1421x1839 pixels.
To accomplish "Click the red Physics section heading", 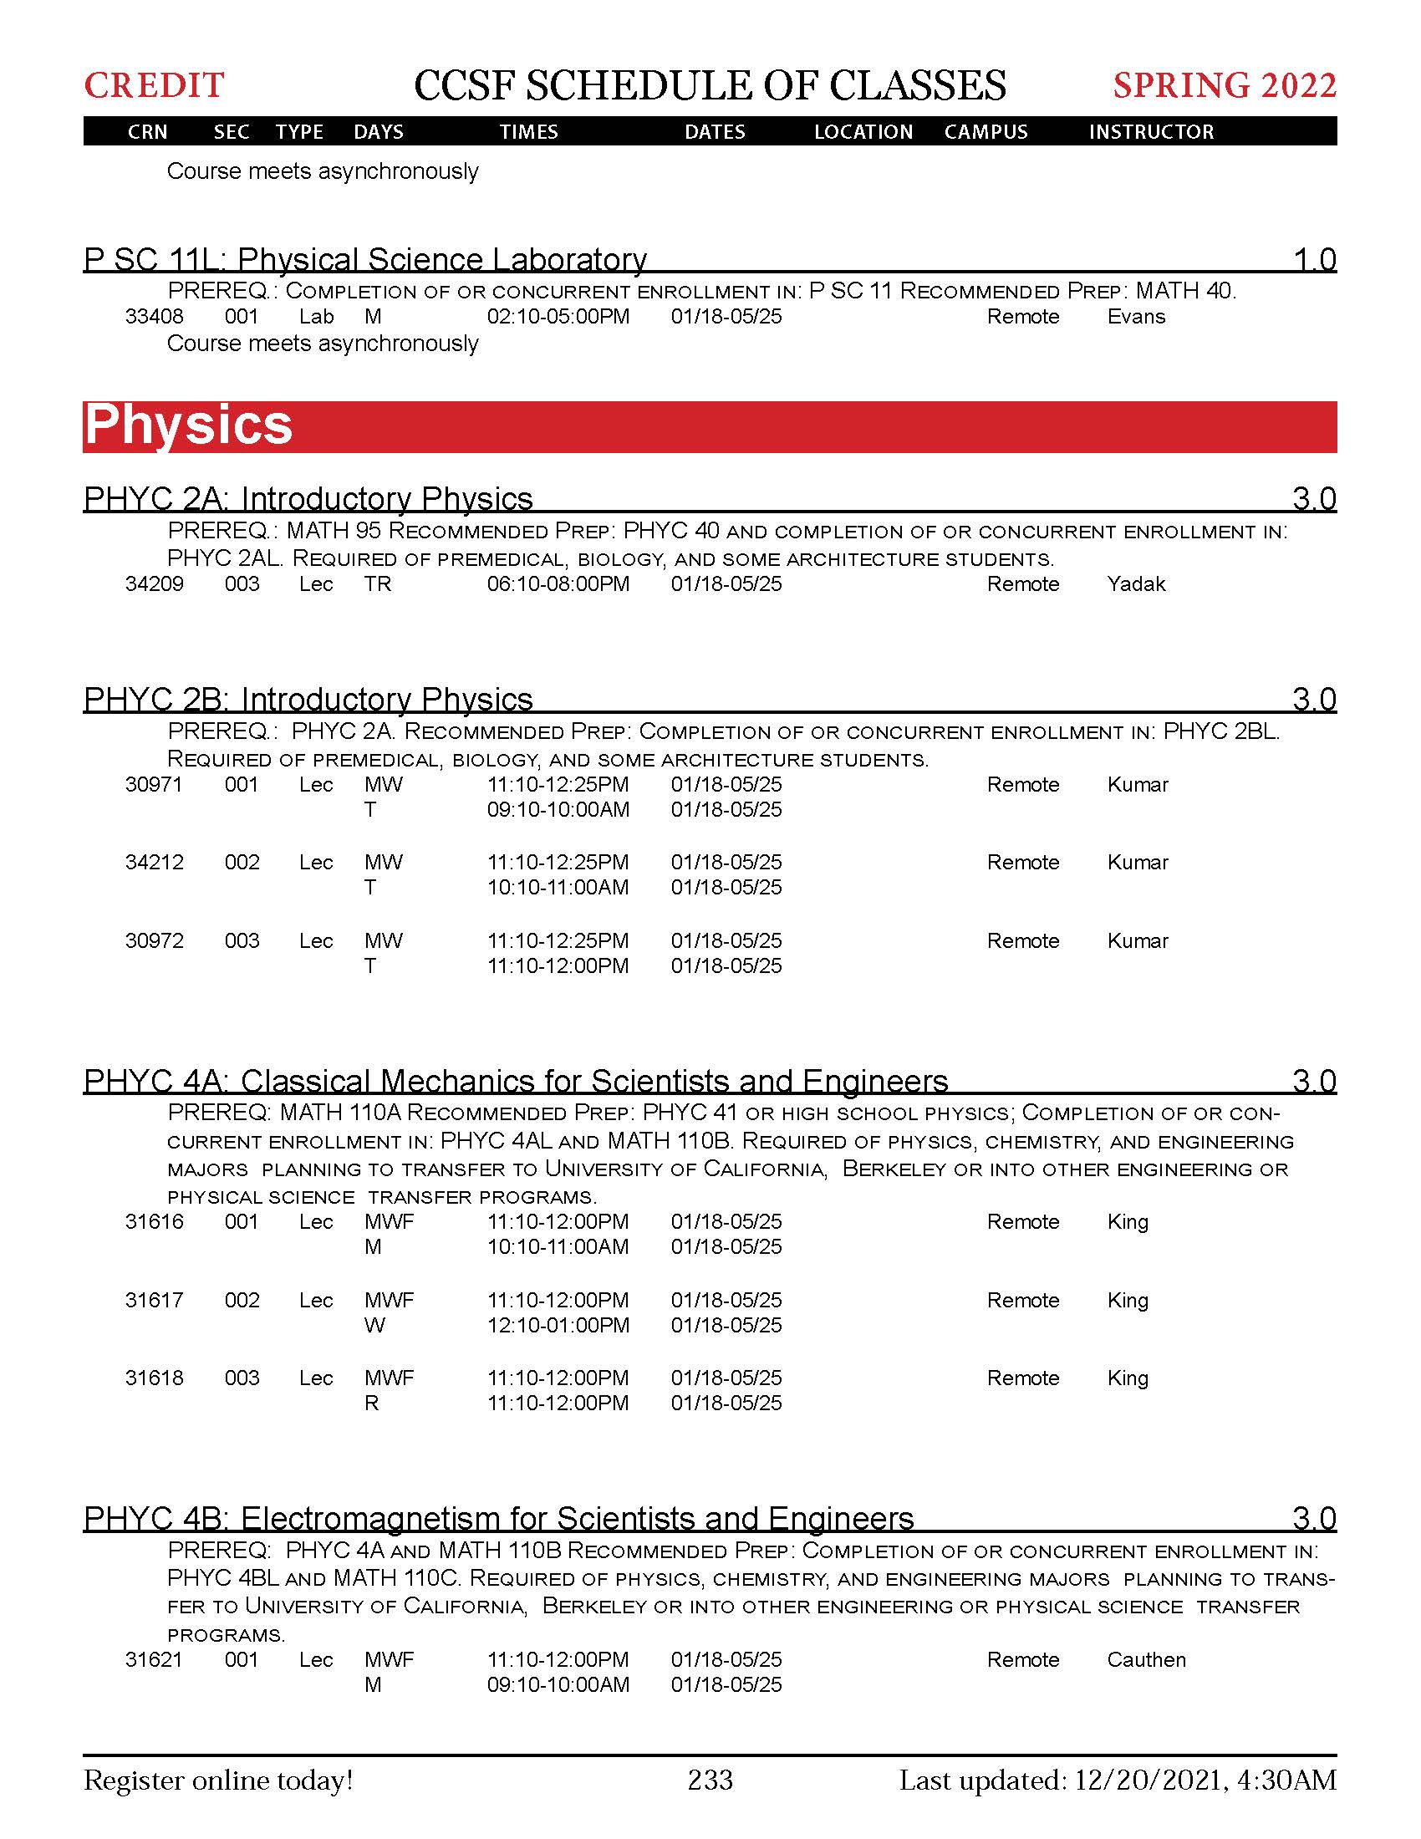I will pos(189,425).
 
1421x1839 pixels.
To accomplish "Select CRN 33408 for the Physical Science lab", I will pos(154,317).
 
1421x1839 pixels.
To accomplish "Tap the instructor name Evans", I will pos(1136,317).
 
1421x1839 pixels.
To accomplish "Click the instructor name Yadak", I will pos(1136,584).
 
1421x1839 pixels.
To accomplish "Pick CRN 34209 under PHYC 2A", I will pos(154,584).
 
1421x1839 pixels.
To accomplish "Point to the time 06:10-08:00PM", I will pos(558,584).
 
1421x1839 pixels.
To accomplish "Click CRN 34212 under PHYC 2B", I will pos(154,863).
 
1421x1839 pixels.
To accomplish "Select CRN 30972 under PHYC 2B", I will pos(154,940).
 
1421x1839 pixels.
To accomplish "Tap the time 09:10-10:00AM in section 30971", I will pos(558,810).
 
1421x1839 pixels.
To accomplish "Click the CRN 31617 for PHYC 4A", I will pos(154,1300).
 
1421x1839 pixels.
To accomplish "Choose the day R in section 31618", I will pos(371,1403).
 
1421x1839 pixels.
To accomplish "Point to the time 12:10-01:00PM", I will pos(558,1326).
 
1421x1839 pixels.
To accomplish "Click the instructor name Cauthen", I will pos(1146,1659).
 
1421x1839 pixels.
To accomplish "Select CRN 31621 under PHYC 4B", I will pos(154,1659).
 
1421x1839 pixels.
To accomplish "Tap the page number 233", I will pos(710,1780).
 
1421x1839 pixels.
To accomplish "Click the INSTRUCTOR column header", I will pos(1151,132).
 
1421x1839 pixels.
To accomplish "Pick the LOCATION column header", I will pos(863,132).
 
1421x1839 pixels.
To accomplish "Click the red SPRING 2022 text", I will pos(1224,86).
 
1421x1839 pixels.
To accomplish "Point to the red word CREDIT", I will pos(154,86).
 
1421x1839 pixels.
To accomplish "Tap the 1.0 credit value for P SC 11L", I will pos(1314,260).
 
